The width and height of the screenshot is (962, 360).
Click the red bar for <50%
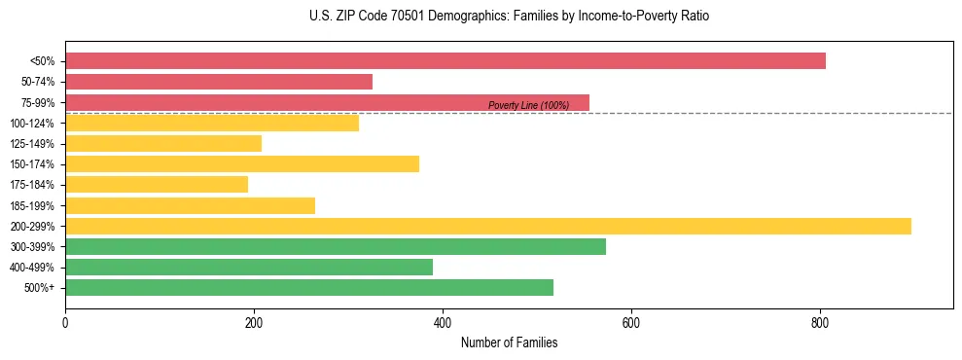point(445,61)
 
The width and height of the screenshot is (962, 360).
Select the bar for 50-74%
point(219,82)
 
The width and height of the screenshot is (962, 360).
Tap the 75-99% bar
point(327,102)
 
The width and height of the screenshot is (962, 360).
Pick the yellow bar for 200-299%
point(488,226)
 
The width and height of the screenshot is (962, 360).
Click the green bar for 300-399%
point(336,246)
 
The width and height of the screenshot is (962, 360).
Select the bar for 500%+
point(309,287)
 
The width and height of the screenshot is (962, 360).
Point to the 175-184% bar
point(157,184)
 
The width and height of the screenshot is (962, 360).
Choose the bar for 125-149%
point(163,143)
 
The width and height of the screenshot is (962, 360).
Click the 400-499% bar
point(249,267)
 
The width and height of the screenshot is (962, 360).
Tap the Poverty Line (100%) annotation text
point(528,105)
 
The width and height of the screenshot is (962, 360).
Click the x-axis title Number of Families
point(509,342)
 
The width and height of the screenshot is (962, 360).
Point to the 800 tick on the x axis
point(820,321)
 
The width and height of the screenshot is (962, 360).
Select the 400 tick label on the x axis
point(443,321)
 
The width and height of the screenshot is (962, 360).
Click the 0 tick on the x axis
point(65,321)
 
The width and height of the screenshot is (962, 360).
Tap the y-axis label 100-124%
point(32,124)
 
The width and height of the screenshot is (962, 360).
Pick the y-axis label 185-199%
point(32,205)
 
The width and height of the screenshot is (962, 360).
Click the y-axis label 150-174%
point(32,164)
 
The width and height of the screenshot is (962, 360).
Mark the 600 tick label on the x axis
point(631,321)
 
